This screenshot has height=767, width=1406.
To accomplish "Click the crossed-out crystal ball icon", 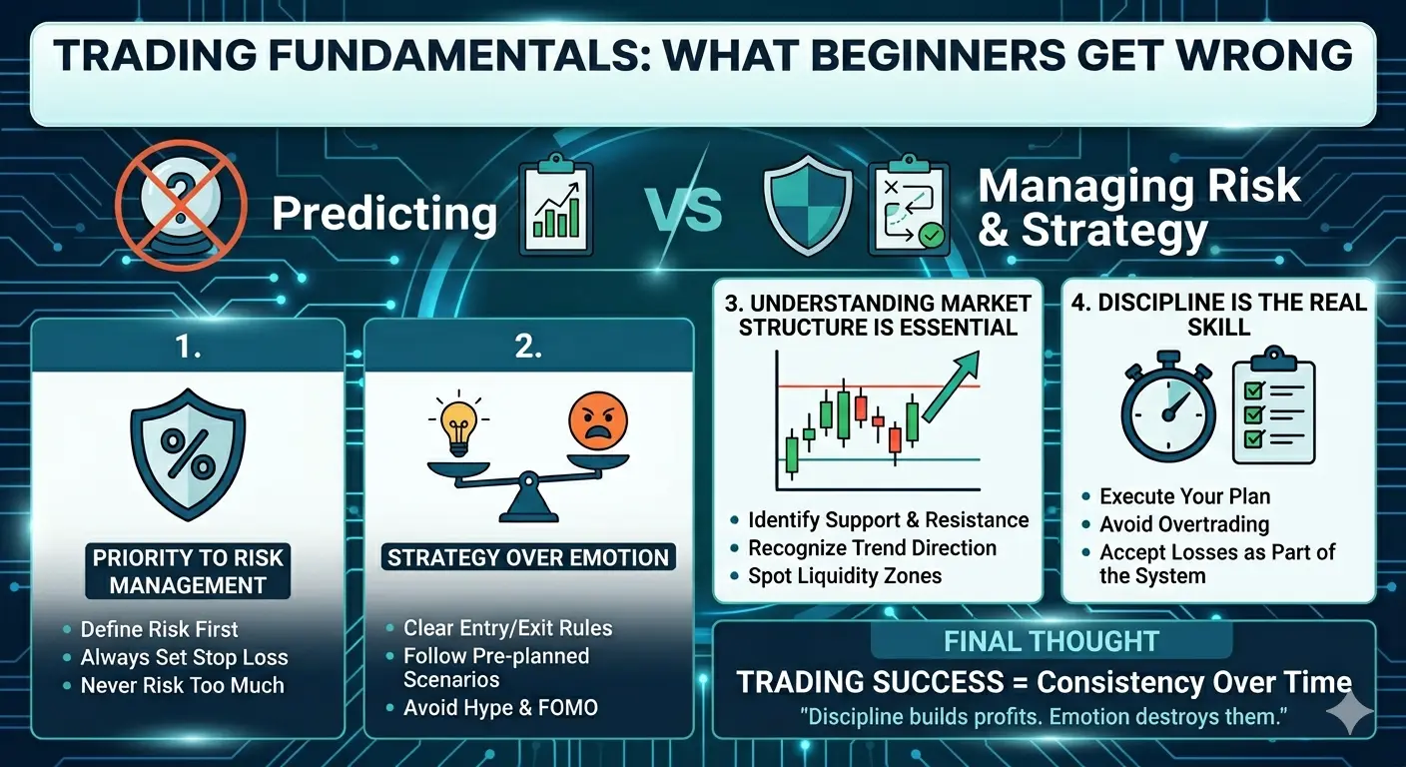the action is tap(181, 206).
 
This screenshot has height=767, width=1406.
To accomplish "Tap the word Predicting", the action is tap(384, 215).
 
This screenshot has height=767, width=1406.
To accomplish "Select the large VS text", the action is tap(684, 211).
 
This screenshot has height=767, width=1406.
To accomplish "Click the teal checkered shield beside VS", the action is tap(808, 206).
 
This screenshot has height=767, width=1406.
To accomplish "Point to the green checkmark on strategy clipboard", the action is tap(932, 236).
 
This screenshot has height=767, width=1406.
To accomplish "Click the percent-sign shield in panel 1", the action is tap(188, 453).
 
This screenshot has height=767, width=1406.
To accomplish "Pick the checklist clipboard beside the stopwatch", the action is tap(1273, 404).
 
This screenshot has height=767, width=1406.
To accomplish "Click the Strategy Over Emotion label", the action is tap(528, 557).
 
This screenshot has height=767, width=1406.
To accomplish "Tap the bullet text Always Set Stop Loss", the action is tap(185, 657).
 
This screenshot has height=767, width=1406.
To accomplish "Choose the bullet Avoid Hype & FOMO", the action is tap(500, 707).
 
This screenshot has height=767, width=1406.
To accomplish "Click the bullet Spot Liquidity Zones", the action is tap(845, 575).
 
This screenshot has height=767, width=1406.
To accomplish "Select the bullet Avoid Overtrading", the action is tap(1184, 524).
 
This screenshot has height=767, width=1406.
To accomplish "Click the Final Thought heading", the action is tap(1052, 641).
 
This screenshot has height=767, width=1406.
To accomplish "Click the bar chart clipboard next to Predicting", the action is tap(556, 206).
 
